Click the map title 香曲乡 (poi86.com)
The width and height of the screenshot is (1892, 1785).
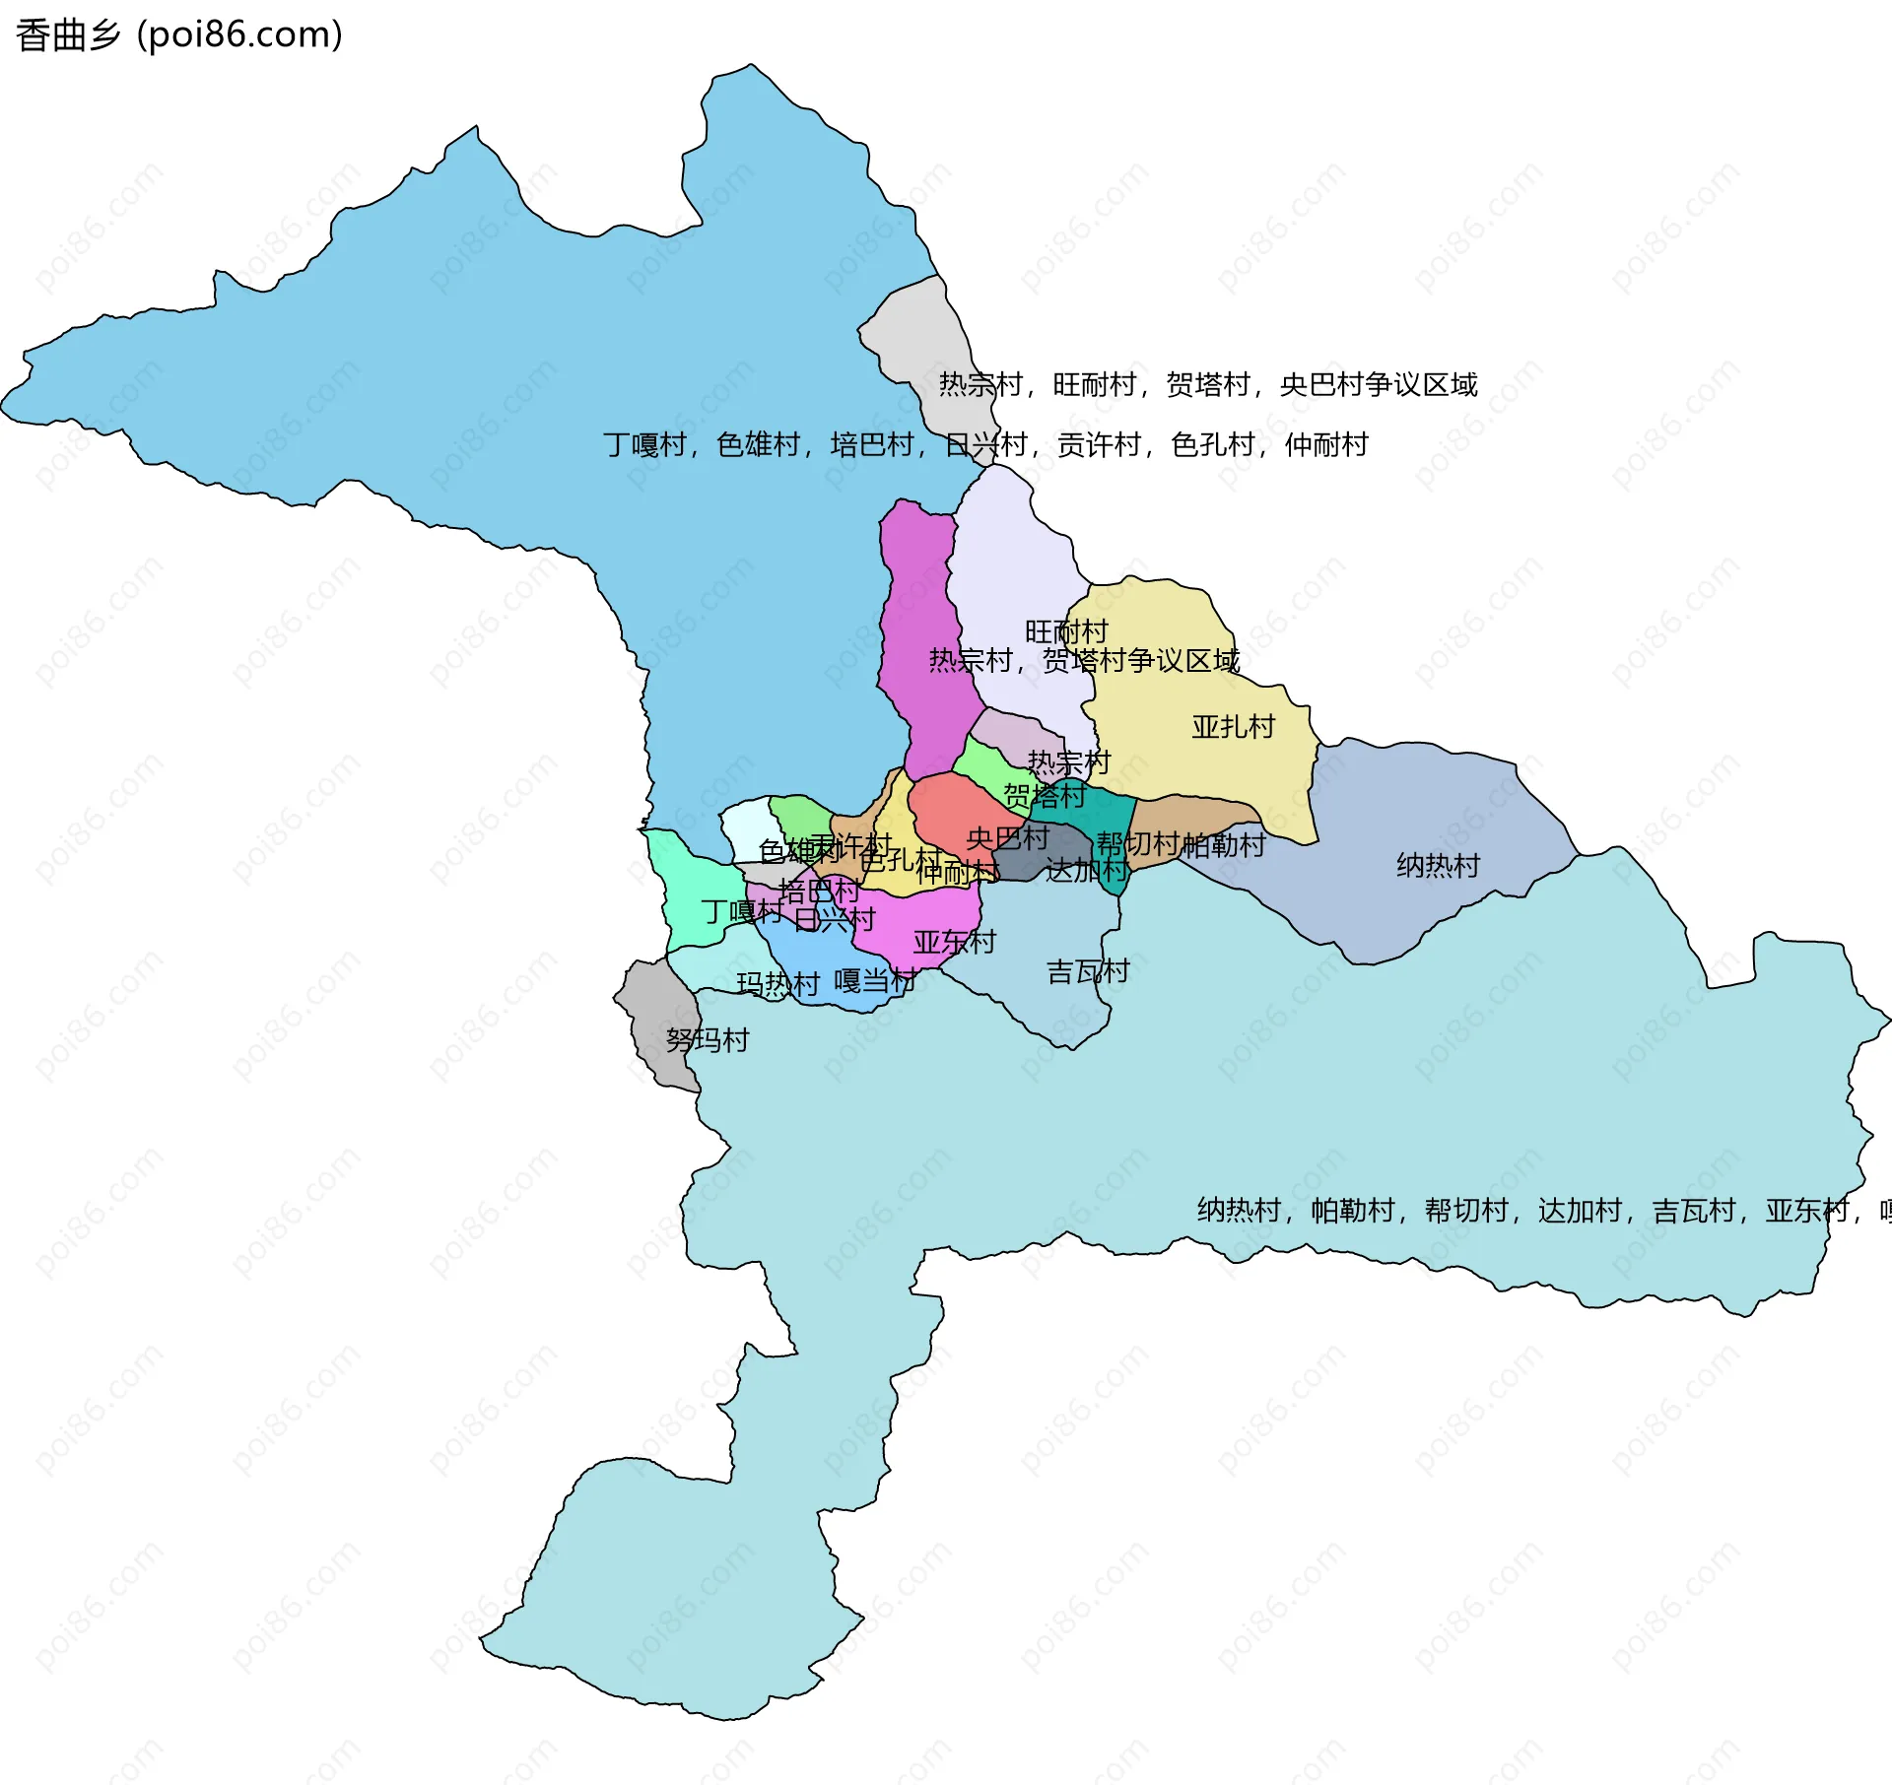(x=179, y=34)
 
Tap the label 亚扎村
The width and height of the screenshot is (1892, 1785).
(x=1233, y=727)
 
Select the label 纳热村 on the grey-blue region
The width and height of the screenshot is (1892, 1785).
(x=1438, y=866)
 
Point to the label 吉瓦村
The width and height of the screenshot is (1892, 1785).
(x=1087, y=972)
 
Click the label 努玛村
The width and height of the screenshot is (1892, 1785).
(x=707, y=1040)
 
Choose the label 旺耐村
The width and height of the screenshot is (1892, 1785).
(x=1066, y=631)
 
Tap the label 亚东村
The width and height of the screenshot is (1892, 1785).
(x=954, y=943)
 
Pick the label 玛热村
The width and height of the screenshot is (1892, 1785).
(x=777, y=984)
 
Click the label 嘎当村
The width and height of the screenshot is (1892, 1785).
(x=875, y=981)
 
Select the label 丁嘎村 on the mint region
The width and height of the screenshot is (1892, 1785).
(x=741, y=912)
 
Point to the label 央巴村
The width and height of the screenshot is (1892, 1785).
(x=1007, y=838)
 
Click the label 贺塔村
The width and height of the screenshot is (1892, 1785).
(x=1045, y=795)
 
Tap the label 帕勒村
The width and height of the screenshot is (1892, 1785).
(x=1223, y=845)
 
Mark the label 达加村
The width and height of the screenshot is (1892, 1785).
(x=1087, y=870)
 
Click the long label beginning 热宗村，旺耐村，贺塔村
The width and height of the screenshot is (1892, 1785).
(x=1207, y=384)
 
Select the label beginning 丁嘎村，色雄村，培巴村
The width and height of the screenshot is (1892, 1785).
(x=985, y=445)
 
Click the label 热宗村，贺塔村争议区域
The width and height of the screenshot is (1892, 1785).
(x=1084, y=660)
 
